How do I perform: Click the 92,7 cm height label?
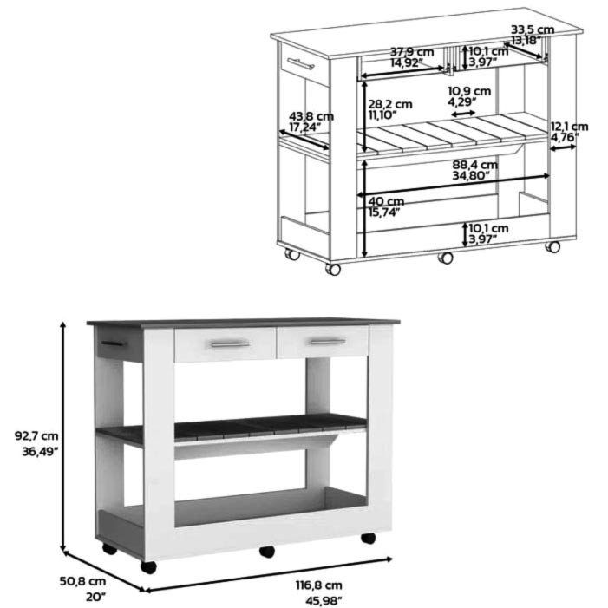tap(36, 436)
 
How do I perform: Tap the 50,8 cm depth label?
tap(82, 581)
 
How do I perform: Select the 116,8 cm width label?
tap(319, 585)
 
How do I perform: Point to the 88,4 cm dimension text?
tap(474, 165)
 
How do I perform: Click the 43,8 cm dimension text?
tap(311, 116)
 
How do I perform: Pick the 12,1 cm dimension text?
tap(569, 127)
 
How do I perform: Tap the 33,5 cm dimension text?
tap(533, 29)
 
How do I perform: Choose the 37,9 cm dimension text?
tap(412, 51)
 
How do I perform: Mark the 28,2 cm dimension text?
tap(390, 104)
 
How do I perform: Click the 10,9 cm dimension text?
tap(469, 91)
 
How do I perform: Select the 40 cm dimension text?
tap(386, 201)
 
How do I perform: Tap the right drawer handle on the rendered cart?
tap(328, 342)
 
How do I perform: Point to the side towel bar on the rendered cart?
tap(114, 343)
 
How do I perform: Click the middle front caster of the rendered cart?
tap(267, 552)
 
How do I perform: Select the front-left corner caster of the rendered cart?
tap(148, 567)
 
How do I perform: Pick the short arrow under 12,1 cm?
tap(563, 147)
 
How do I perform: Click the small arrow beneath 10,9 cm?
tap(463, 114)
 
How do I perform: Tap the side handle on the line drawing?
tap(300, 63)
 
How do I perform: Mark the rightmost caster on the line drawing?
tap(552, 246)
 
